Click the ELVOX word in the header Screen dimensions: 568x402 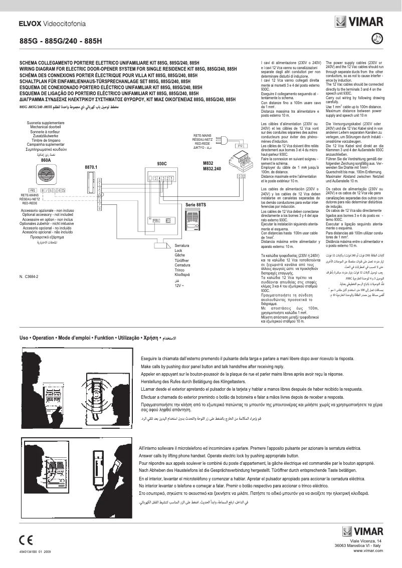30,23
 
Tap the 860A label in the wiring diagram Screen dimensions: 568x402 46,160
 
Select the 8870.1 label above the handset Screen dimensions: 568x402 91,166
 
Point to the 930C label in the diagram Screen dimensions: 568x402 161,164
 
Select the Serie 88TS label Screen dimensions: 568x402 195,204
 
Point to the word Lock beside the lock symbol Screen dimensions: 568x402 178,250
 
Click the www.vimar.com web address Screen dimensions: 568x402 368,550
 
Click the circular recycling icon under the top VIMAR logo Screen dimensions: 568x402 378,38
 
